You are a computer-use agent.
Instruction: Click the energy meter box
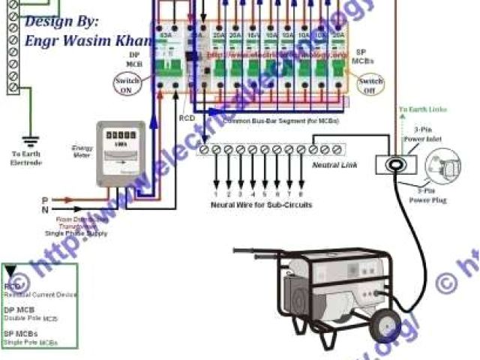tap(120, 154)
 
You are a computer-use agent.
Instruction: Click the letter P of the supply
tap(45, 200)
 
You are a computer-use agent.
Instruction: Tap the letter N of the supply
tap(45, 211)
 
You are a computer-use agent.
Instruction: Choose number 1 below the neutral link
tap(214, 193)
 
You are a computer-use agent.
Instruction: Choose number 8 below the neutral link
tap(300, 193)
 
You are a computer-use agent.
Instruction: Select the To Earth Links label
tap(422, 109)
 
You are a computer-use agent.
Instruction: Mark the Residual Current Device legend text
tap(41, 295)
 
